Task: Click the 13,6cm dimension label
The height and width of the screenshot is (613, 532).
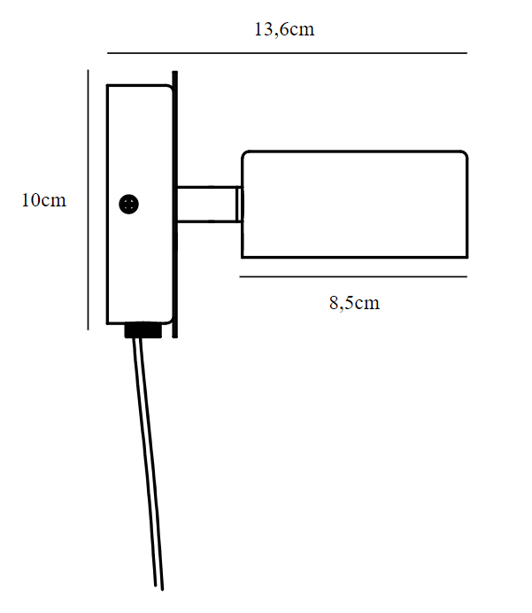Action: coord(284,29)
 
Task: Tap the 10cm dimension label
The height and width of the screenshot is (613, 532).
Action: coord(43,200)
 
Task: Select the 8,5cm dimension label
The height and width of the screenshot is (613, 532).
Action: coord(354,303)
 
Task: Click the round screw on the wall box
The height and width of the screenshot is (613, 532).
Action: coord(128,204)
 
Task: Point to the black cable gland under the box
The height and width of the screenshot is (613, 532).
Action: coord(143,330)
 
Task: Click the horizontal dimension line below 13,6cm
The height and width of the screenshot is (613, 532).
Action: coord(287,53)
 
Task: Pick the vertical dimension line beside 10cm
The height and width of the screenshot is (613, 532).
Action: coord(88,200)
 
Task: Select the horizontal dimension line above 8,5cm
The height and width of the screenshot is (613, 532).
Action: coord(353,276)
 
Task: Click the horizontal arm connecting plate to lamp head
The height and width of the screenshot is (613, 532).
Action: coord(206,204)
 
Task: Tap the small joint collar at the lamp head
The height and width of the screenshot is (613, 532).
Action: coord(239,204)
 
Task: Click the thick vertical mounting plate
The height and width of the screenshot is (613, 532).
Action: coord(175,204)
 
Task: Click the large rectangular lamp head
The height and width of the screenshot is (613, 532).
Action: coord(354,204)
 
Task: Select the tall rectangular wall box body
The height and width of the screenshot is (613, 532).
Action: coord(140,204)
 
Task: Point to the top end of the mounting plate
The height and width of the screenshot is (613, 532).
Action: coord(175,73)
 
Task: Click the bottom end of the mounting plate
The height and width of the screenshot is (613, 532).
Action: coord(175,337)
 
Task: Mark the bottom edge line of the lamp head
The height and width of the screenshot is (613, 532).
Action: coord(354,257)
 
